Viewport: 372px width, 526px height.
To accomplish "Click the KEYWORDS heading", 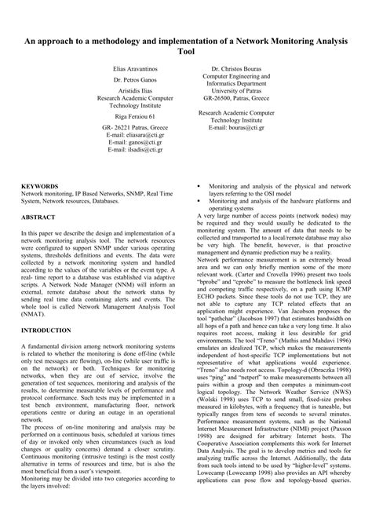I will (39, 187).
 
